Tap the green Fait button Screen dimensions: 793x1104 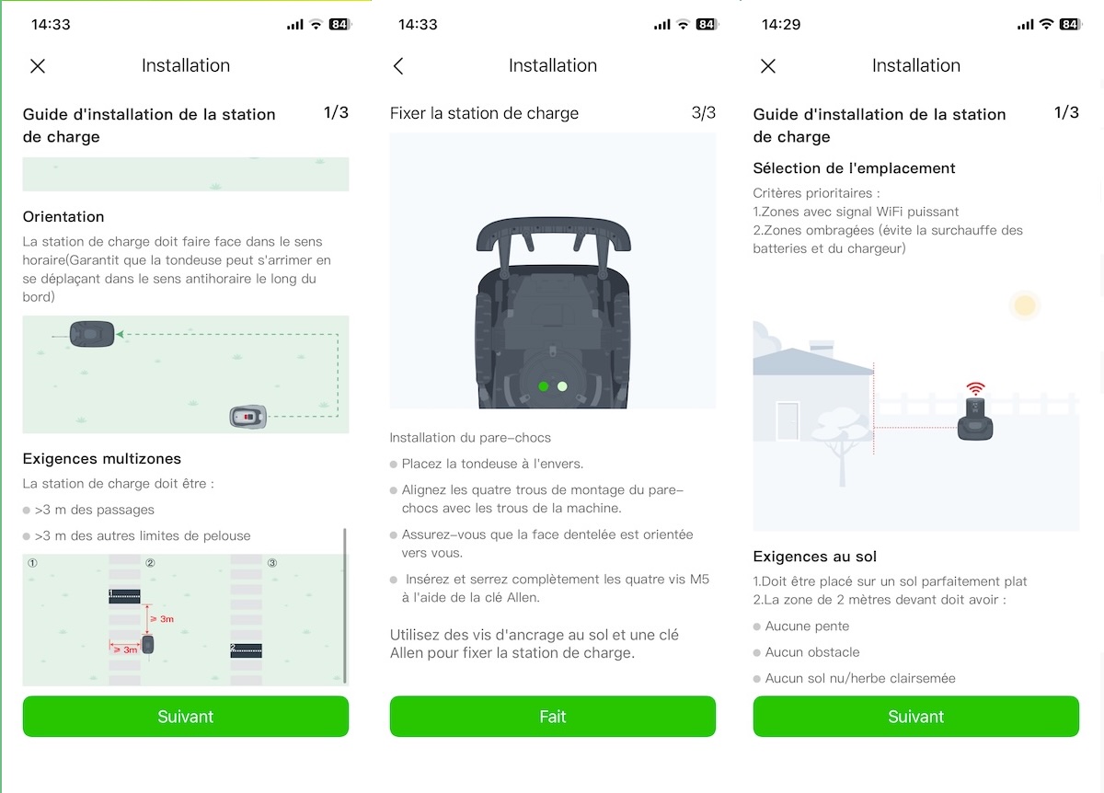pyautogui.click(x=552, y=717)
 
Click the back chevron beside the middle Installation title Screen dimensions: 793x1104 pyautogui.click(x=398, y=66)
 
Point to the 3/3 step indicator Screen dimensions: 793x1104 pyautogui.click(x=703, y=113)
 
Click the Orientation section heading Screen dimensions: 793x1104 pyautogui.click(x=63, y=217)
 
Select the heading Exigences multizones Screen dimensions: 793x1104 pyautogui.click(x=102, y=458)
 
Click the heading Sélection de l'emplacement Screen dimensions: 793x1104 pyautogui.click(x=854, y=168)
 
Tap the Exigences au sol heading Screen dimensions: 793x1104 pyautogui.click(x=814, y=557)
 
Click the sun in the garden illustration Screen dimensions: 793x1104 pyautogui.click(x=1024, y=305)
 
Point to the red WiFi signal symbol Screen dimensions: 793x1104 pyautogui.click(x=975, y=389)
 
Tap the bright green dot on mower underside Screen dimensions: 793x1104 pyautogui.click(x=544, y=386)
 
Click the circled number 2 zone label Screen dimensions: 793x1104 pyautogui.click(x=150, y=563)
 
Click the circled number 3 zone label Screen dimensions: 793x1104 pyautogui.click(x=271, y=563)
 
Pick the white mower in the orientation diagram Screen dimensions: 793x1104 pyautogui.click(x=247, y=417)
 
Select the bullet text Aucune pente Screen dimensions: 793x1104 pyautogui.click(x=807, y=626)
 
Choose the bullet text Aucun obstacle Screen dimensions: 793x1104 pyautogui.click(x=812, y=652)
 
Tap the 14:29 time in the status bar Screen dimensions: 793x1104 pyautogui.click(x=780, y=25)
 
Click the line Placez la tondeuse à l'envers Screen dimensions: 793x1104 pyautogui.click(x=492, y=464)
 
